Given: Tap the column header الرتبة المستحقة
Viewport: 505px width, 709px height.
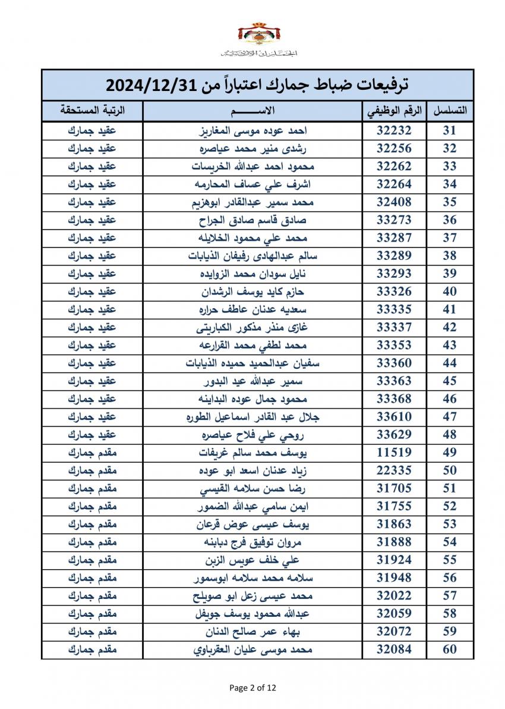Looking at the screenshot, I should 92,111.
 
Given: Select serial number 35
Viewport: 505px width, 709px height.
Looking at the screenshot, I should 450,202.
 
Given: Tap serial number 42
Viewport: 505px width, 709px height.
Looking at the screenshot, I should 450,327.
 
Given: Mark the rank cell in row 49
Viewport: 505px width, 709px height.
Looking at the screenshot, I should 92,453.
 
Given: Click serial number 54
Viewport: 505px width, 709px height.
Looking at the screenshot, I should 450,542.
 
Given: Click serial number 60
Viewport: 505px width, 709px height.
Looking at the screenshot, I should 450,650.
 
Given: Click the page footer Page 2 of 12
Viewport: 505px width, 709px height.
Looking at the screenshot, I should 252,688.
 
